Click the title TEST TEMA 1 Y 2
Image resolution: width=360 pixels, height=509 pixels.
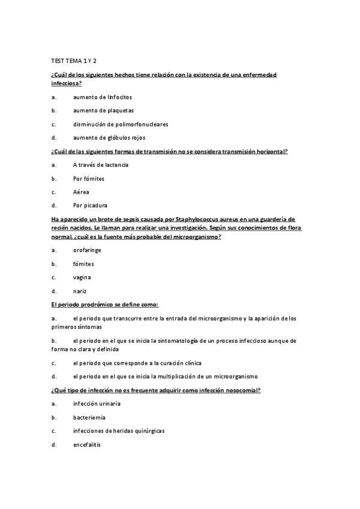[74, 61]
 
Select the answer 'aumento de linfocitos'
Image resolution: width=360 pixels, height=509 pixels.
[102, 97]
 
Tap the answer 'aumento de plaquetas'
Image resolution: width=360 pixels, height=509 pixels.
[103, 110]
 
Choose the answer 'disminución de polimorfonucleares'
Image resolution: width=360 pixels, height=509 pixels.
[121, 124]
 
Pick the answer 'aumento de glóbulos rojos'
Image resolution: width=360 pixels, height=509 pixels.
[109, 137]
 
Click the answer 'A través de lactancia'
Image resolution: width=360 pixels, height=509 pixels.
[101, 164]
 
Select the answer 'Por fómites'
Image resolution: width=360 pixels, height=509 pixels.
[89, 178]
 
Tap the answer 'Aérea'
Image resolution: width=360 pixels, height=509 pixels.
[81, 192]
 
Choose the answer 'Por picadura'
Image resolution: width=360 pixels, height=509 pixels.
[90, 205]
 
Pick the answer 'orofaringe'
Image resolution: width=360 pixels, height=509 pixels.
[89, 250]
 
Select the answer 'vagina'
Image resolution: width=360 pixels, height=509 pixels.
[82, 277]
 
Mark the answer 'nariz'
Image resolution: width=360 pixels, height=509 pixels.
[80, 291]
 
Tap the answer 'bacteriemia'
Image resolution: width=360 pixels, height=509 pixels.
[90, 417]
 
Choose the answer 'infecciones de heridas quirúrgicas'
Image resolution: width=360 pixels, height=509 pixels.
[119, 431]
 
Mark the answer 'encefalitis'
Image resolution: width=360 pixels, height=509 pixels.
[87, 445]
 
